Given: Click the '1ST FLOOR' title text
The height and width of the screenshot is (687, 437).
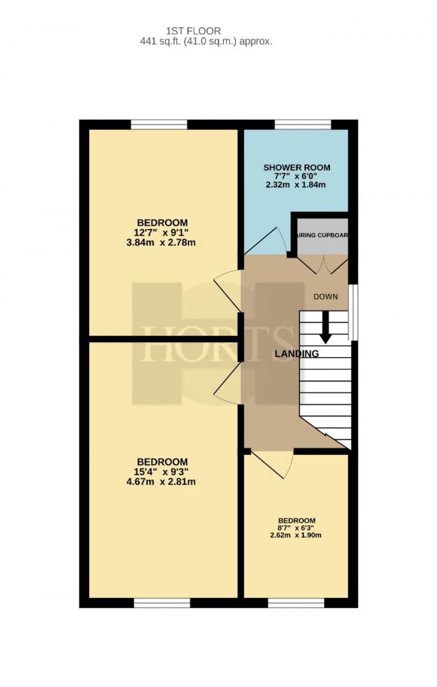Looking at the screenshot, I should (193, 31).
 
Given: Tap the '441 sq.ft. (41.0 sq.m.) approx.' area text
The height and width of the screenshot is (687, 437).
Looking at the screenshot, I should (206, 42).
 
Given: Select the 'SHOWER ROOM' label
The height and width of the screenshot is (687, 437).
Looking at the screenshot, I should (297, 168).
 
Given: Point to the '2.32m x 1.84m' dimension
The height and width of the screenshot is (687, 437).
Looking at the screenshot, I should (296, 184).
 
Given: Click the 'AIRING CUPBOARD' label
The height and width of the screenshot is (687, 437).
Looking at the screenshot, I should (322, 235).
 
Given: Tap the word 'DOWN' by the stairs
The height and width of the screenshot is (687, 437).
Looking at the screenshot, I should (326, 297).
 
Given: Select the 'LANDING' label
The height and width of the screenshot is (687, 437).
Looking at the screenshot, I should (297, 354).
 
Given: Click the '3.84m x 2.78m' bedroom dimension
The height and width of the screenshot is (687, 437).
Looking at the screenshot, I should (161, 243).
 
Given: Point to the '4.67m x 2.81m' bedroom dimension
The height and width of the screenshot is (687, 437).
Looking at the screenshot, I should (161, 482).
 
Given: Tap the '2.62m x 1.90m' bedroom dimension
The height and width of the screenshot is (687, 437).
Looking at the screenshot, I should (296, 535).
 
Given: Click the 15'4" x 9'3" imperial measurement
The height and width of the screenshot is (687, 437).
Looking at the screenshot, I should (162, 471).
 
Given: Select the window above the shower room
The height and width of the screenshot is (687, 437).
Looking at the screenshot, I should (303, 124).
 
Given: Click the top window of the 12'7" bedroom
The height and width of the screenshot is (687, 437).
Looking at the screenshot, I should (159, 124).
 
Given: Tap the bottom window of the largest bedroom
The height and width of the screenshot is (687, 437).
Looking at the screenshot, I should (162, 603).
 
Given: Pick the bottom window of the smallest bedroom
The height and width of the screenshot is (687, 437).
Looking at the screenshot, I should (296, 603).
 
